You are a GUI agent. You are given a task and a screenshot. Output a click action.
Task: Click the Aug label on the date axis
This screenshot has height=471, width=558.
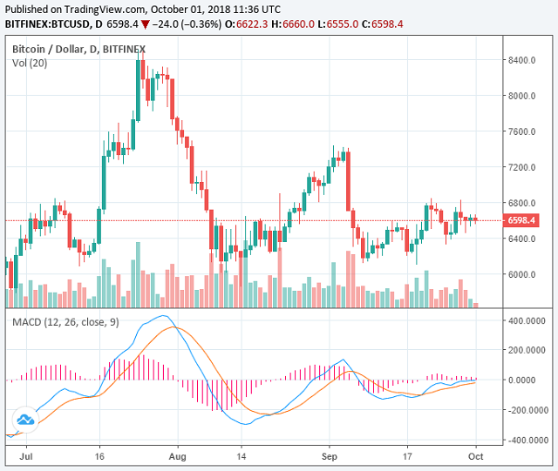(x=177, y=454)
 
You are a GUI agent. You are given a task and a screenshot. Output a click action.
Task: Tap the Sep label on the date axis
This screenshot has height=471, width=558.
(x=329, y=454)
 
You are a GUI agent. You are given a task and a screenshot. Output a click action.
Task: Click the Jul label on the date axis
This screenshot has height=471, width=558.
(x=26, y=454)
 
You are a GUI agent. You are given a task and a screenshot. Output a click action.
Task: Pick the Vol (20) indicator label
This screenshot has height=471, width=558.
(x=31, y=64)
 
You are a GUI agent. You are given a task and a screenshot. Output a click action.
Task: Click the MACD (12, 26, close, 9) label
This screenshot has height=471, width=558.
(x=65, y=323)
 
